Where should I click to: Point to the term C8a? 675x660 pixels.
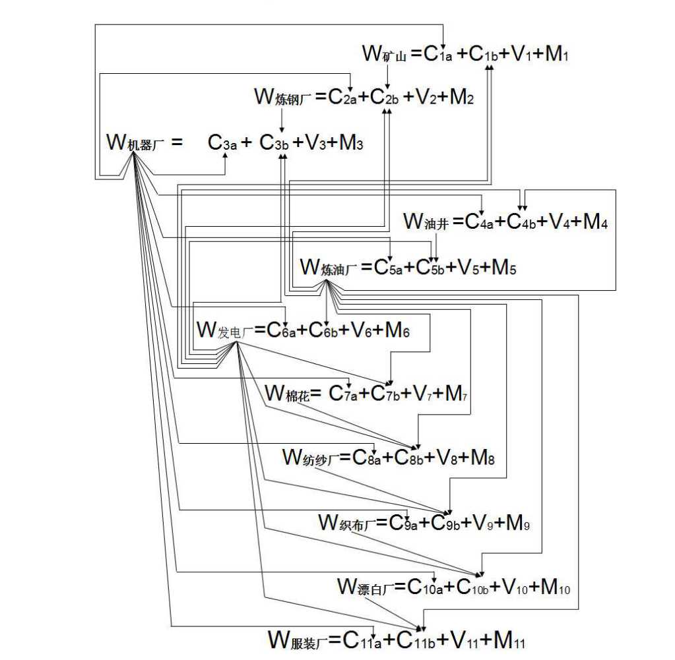tap(367, 458)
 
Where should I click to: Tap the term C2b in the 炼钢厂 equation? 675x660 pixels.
tap(384, 98)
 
